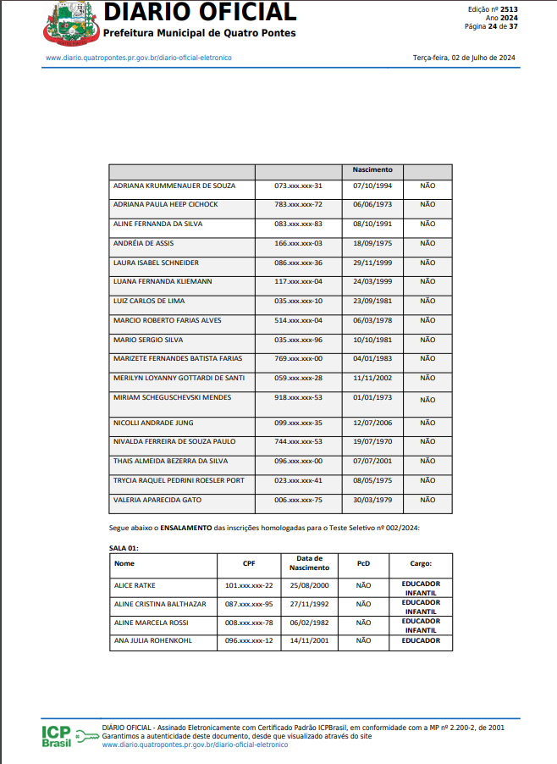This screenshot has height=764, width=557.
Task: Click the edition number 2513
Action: [x=510, y=8]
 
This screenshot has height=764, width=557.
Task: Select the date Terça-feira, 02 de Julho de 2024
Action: [x=464, y=58]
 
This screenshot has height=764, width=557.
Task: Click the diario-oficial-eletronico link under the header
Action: [x=138, y=58]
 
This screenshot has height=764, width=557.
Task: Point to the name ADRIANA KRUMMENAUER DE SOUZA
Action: [x=174, y=185]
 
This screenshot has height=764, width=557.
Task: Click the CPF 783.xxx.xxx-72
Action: [x=298, y=205]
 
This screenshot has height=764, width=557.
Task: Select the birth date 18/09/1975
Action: [x=372, y=243]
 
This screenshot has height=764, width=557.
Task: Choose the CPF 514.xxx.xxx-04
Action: [x=298, y=321]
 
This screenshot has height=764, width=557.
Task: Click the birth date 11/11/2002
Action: [x=372, y=379]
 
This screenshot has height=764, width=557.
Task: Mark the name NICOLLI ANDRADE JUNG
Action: [x=152, y=423]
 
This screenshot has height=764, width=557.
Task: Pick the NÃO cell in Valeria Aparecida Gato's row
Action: [x=427, y=500]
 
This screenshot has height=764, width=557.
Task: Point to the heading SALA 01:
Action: [x=124, y=548]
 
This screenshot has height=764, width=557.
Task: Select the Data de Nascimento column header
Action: [x=314, y=563]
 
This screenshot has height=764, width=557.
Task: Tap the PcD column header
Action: [x=363, y=563]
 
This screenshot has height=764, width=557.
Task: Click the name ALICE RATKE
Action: [x=135, y=585]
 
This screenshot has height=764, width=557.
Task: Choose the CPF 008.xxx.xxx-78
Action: [x=248, y=623]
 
